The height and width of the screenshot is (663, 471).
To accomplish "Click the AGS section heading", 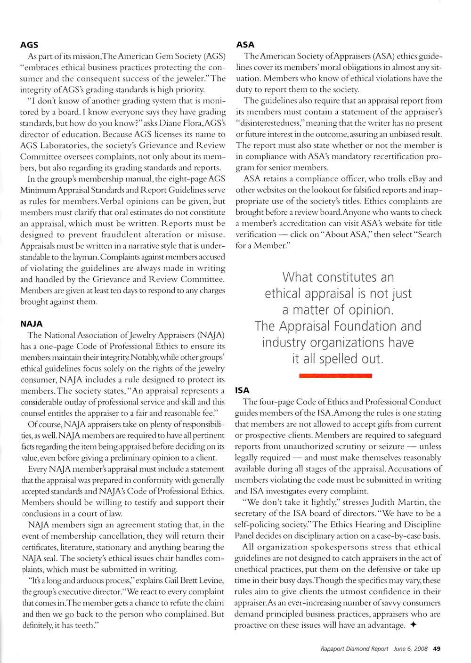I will [29, 45].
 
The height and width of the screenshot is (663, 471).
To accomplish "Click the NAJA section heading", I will [32, 324].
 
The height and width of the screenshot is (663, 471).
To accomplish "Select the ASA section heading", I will [245, 45].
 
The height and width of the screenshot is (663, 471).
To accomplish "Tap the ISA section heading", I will [242, 390].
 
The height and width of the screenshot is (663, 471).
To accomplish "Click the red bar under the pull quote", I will [335, 375].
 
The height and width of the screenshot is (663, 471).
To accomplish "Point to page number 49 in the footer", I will [436, 648].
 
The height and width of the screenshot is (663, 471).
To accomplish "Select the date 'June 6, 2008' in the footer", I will [410, 648].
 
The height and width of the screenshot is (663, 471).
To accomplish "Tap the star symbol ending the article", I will [413, 625].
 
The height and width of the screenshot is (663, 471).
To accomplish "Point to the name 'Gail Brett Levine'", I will [171, 581].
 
